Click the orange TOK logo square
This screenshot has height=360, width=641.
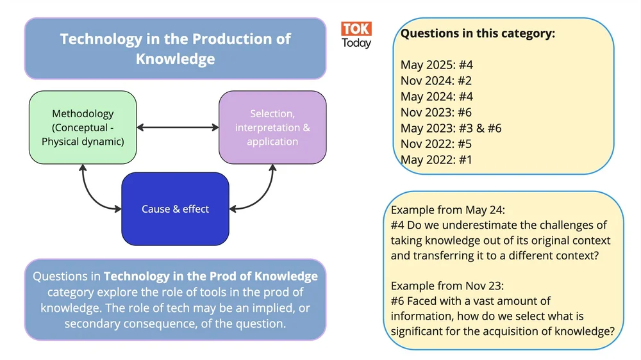click(356, 29)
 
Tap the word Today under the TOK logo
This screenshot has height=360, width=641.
click(356, 44)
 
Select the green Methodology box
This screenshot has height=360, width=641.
click(83, 127)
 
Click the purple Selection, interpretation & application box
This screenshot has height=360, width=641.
click(272, 127)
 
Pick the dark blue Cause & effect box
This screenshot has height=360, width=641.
click(175, 209)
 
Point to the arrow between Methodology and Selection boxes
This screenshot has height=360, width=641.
click(178, 127)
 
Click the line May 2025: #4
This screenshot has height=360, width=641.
click(437, 65)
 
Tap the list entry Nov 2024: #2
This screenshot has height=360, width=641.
click(436, 81)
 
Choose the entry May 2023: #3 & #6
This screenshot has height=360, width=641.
click(451, 128)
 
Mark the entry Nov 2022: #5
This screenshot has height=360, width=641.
click(436, 144)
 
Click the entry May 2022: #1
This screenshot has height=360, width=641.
click(436, 160)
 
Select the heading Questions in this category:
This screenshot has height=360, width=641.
click(478, 34)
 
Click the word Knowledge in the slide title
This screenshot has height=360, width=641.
click(175, 59)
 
